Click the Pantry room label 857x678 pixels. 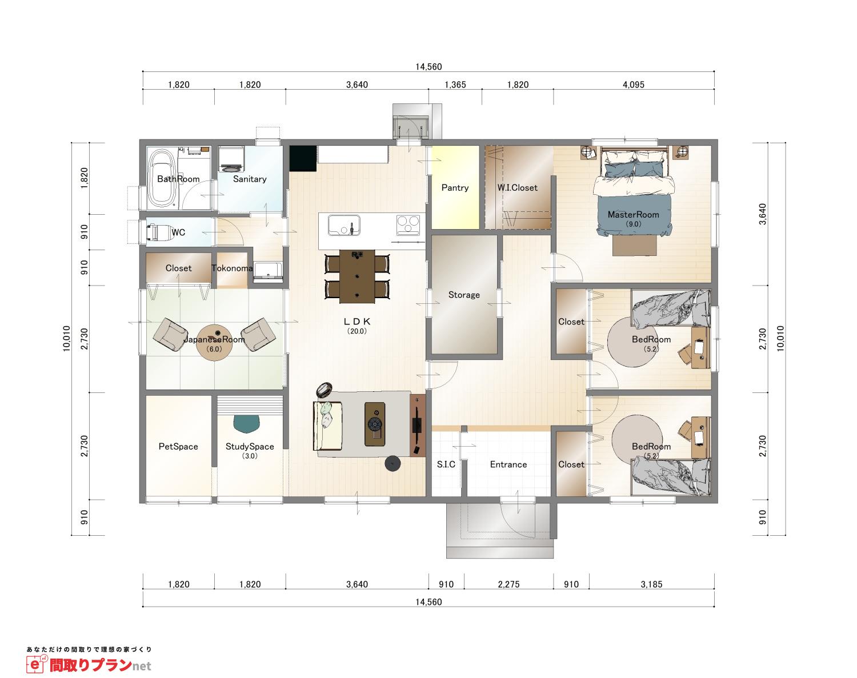point(455,187)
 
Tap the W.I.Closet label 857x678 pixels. point(517,187)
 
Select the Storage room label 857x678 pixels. point(464,295)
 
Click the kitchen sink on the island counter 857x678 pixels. point(344,226)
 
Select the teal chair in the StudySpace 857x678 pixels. point(246,424)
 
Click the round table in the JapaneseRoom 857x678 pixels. point(214,343)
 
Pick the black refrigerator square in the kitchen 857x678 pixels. point(303,158)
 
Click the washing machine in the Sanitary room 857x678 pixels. point(231,159)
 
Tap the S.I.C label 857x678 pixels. point(446,464)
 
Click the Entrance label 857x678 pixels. point(508,464)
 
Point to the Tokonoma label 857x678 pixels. point(232,268)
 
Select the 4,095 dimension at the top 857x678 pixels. point(634,85)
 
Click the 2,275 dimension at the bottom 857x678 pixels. point(509,584)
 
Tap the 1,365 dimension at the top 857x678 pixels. point(455,85)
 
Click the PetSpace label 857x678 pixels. point(178,446)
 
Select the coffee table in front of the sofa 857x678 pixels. point(375,424)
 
